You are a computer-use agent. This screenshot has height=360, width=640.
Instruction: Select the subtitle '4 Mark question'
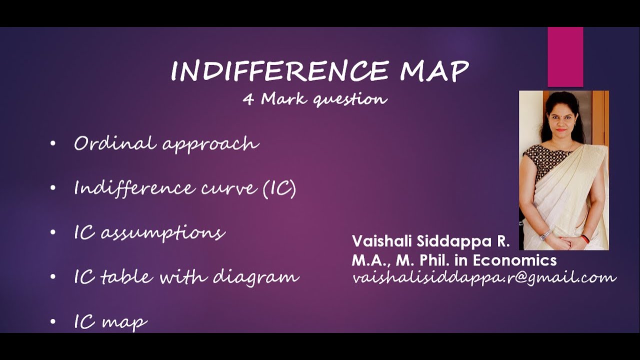point(315,99)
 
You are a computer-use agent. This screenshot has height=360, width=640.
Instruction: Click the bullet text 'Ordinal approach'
point(166,144)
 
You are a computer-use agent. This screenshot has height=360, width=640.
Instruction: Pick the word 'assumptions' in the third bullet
point(163,233)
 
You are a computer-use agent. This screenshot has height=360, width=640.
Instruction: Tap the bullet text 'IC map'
point(110,321)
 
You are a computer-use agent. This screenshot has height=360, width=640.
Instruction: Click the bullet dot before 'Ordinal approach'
point(53,144)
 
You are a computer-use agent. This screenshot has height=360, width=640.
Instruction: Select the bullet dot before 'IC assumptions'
point(53,233)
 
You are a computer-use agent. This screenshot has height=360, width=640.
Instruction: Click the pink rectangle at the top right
point(565,57)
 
